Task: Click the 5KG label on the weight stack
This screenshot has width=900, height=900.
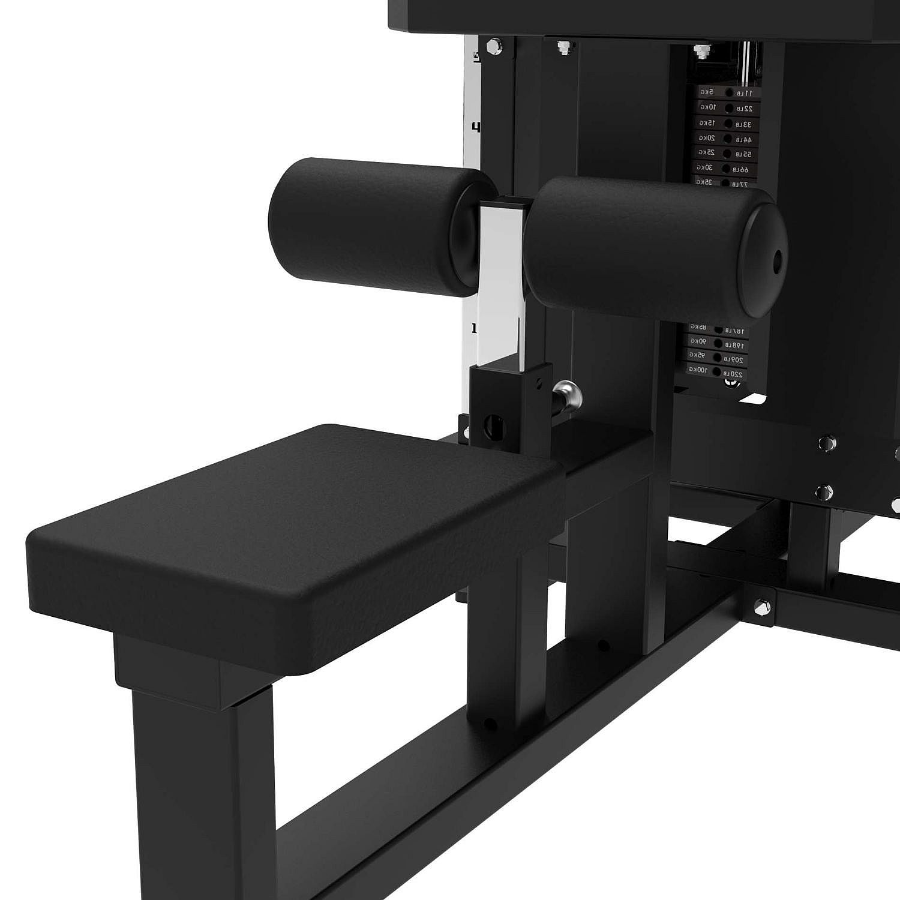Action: pos(706,92)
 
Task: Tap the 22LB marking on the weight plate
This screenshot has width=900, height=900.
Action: pos(745,109)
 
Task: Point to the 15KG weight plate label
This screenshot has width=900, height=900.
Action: pos(707,123)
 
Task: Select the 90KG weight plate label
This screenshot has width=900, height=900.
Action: pos(700,341)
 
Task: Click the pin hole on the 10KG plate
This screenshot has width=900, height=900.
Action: pos(728,108)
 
